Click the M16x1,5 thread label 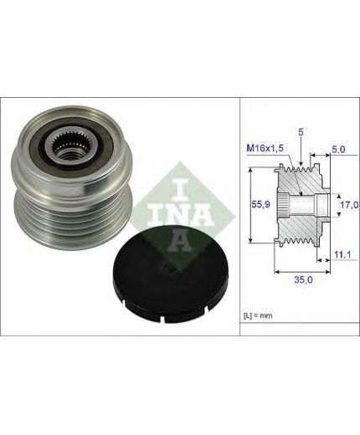pyautogui.click(x=265, y=148)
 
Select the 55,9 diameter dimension pyautogui.click(x=260, y=204)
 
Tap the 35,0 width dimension pyautogui.click(x=303, y=279)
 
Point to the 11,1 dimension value pyautogui.click(x=342, y=254)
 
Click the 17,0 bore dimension pyautogui.click(x=349, y=205)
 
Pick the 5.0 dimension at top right pyautogui.click(x=338, y=150)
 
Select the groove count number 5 pyautogui.click(x=301, y=132)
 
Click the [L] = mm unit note pyautogui.click(x=258, y=315)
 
